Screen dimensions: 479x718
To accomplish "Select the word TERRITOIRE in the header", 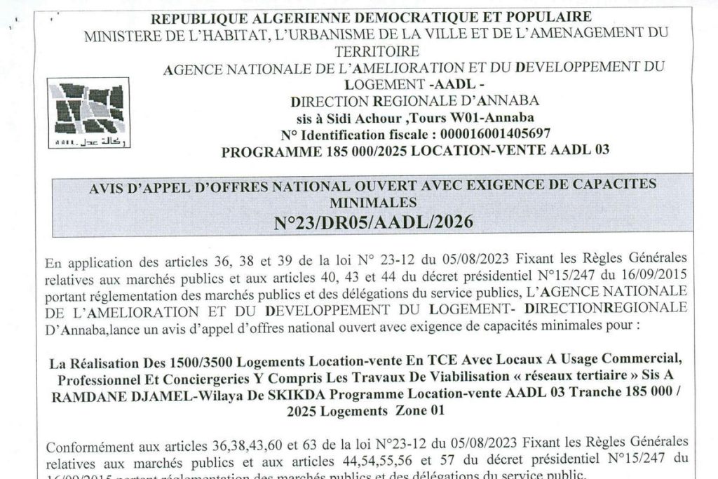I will pyautogui.click(x=377, y=51).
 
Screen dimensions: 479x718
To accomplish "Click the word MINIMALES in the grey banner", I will pyautogui.click(x=372, y=202).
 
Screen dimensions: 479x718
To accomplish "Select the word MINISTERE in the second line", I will pyautogui.click(x=117, y=34).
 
